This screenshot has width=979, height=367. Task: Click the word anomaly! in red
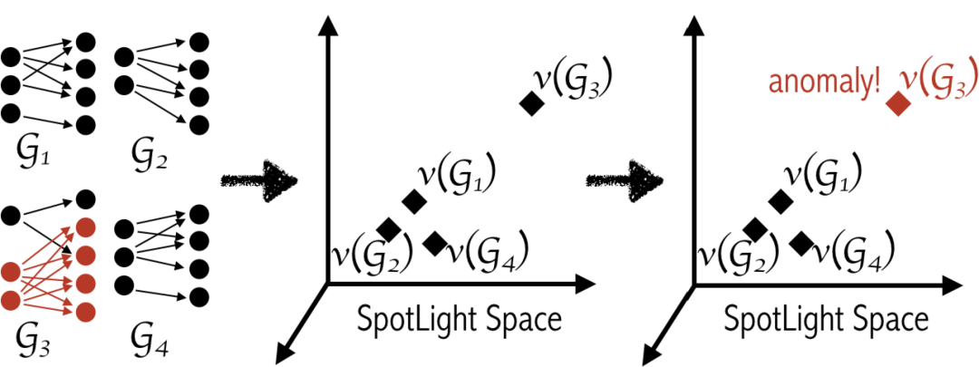[824, 84]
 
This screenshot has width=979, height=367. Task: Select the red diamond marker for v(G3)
[897, 103]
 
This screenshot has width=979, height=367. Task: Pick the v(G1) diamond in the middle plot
[414, 200]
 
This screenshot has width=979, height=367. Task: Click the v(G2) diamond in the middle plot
[388, 229]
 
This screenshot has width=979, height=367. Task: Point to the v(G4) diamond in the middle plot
[435, 242]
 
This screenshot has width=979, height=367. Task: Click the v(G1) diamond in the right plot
[780, 200]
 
